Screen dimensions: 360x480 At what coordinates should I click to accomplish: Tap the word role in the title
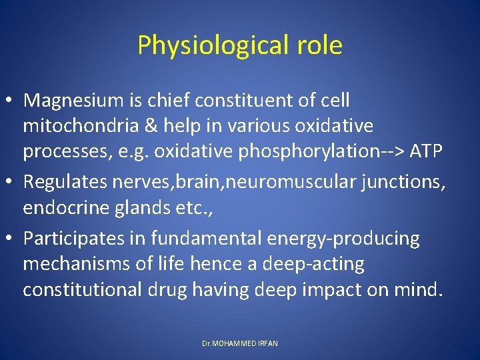tap(318, 45)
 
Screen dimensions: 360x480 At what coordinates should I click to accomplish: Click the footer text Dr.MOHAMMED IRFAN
tap(239, 343)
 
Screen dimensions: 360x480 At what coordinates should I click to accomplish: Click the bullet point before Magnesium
tap(11, 101)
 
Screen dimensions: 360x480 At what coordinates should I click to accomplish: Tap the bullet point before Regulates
tap(11, 183)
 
